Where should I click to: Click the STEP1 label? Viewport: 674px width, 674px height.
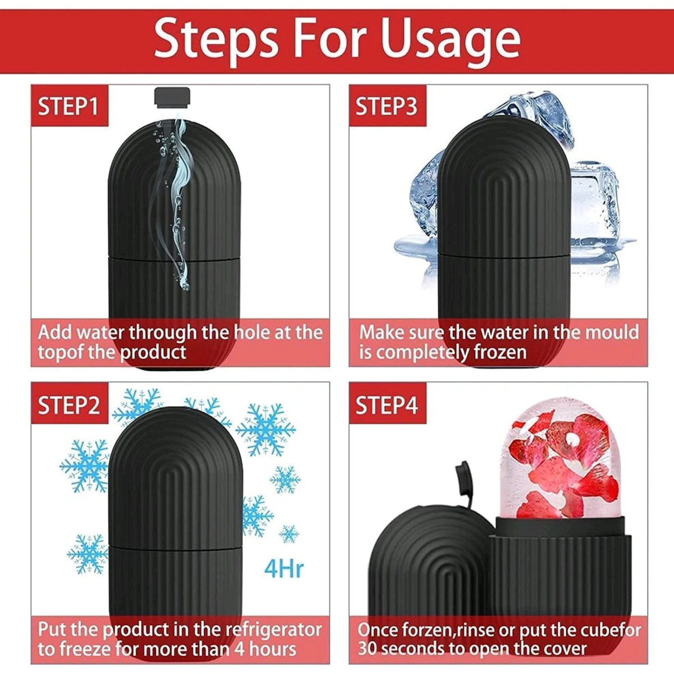pyautogui.click(x=69, y=106)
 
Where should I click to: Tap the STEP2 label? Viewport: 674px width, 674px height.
pyautogui.click(x=69, y=404)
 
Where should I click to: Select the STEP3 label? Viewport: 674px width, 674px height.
pyautogui.click(x=387, y=106)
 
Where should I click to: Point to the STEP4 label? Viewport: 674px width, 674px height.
pyautogui.click(x=387, y=404)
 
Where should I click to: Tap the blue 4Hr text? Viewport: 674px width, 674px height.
pyautogui.click(x=284, y=569)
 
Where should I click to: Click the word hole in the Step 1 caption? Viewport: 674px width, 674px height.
pyautogui.click(x=247, y=332)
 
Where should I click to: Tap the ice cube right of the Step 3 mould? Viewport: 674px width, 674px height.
pyautogui.click(x=595, y=202)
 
